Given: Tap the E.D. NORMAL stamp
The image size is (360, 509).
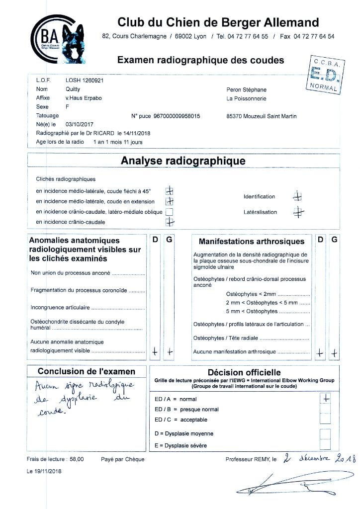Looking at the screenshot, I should point(323,76).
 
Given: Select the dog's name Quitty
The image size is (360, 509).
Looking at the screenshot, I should point(73,89).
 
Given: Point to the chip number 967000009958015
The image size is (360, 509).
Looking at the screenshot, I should point(174,116).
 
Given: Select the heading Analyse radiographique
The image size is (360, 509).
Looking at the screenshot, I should point(183,161).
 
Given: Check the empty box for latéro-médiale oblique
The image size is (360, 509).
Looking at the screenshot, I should point(170,212).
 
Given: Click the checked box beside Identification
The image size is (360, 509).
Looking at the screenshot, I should point(297,196).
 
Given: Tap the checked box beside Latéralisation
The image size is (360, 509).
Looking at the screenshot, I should point(297,212).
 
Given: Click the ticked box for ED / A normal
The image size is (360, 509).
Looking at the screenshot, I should point(326,398).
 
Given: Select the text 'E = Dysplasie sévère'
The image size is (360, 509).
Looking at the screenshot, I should point(180,445).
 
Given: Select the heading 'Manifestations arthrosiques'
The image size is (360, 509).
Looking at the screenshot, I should point(251,242).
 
